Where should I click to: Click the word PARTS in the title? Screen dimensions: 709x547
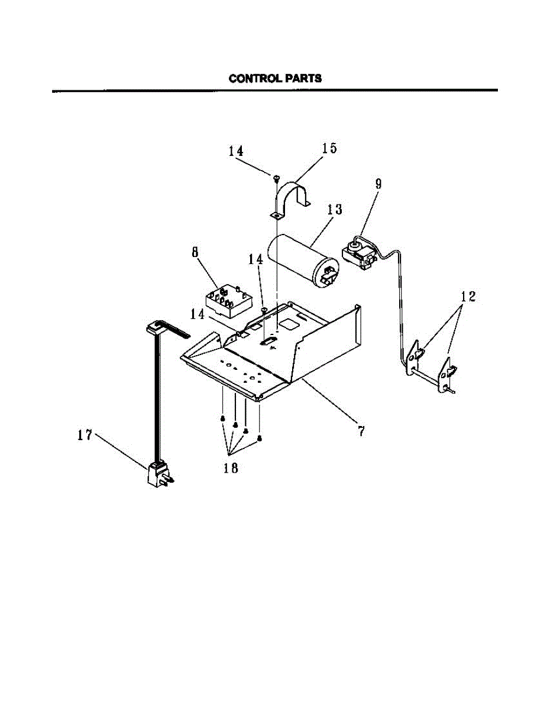[x=303, y=78]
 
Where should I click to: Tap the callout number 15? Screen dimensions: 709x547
[x=329, y=148]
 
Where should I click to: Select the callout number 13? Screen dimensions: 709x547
[x=335, y=209]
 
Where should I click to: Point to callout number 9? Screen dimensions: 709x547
[x=378, y=184]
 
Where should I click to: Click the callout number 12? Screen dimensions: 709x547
[x=468, y=297]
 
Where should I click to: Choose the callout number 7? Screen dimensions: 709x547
[x=360, y=431]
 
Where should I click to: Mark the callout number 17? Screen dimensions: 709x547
[x=85, y=435]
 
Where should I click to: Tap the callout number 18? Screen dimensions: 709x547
[x=230, y=468]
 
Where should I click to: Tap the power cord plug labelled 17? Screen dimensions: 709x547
[x=158, y=475]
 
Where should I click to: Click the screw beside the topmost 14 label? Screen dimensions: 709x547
[x=276, y=177]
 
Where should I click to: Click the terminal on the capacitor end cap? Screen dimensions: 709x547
[x=329, y=275]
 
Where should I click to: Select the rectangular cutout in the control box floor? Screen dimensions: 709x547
[x=290, y=324]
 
